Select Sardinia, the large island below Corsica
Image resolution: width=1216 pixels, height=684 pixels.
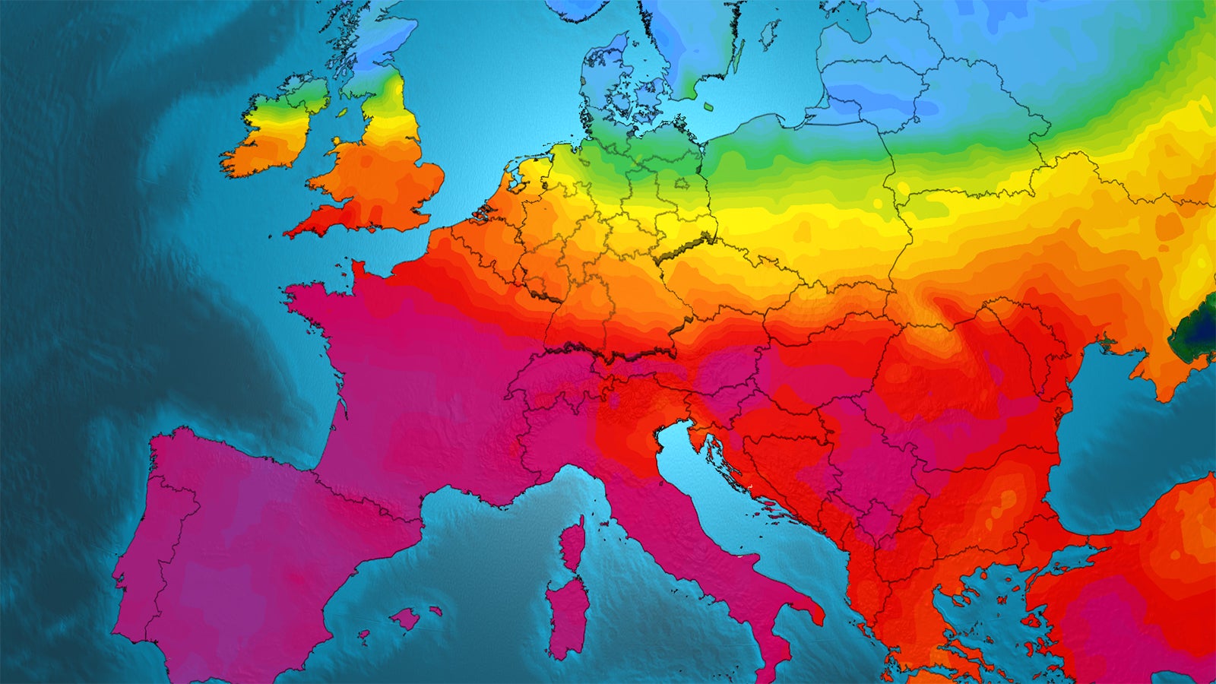[566, 616]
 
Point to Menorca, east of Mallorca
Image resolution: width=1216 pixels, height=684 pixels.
[435, 610]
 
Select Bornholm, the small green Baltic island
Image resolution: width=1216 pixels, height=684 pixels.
[708, 107]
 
